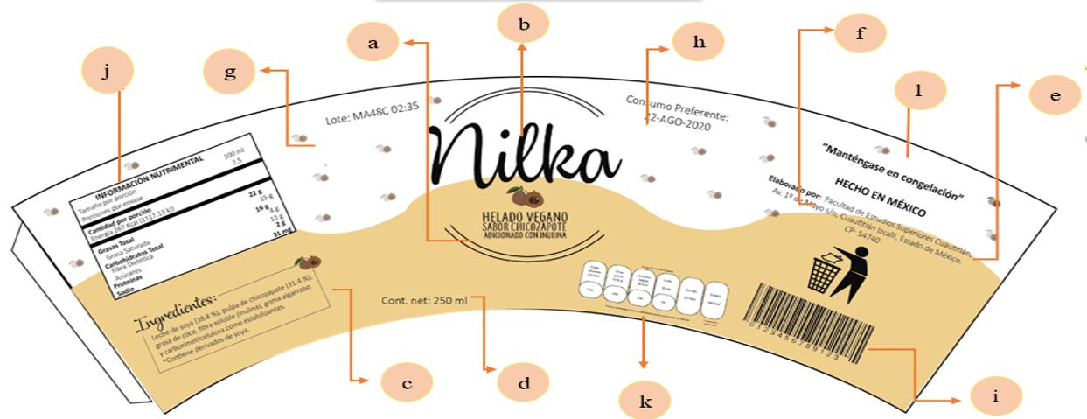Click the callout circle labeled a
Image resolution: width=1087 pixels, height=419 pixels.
[374, 44]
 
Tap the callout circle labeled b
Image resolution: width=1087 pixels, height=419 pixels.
[523, 24]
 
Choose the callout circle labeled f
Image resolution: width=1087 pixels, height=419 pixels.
[860, 34]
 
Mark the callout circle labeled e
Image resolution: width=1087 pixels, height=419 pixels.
[1054, 95]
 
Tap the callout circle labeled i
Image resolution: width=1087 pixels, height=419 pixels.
[995, 396]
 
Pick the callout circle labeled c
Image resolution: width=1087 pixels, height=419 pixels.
[408, 382]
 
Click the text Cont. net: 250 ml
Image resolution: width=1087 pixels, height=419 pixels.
[425, 300]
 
